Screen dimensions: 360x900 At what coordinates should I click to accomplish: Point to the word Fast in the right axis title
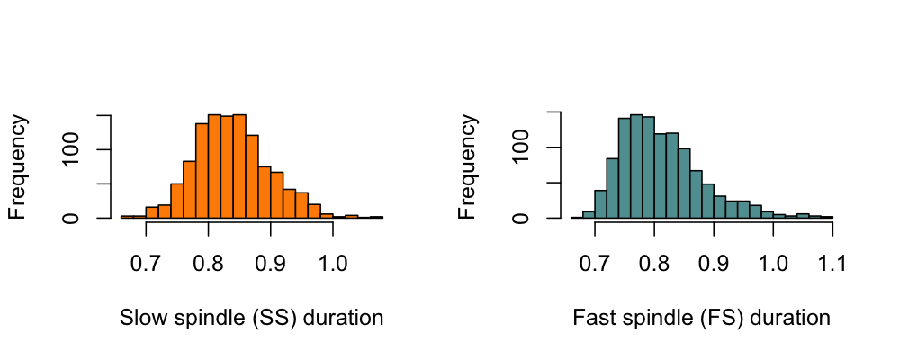590,318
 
